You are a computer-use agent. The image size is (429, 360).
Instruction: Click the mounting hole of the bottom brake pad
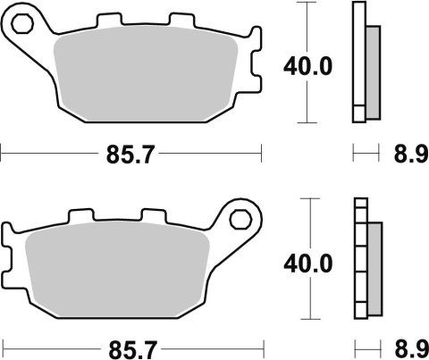click(x=240, y=219)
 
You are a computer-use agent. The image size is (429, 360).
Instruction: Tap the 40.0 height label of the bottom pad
click(x=308, y=264)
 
